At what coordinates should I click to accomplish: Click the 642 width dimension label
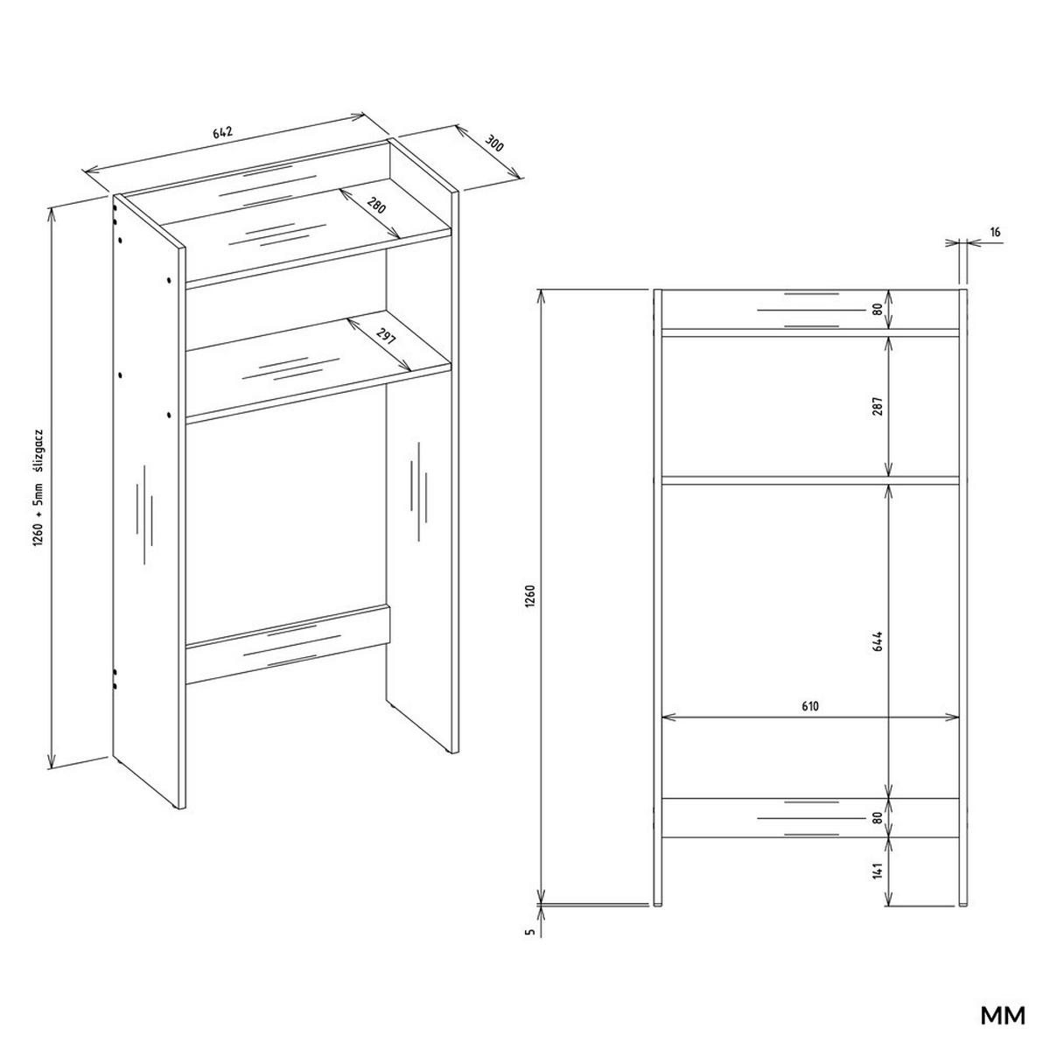click(x=222, y=133)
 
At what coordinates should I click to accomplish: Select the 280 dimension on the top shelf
click(x=377, y=207)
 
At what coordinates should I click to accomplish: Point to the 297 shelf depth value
click(x=385, y=336)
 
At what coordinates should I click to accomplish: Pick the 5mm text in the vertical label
click(x=38, y=496)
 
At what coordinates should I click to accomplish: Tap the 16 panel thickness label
click(x=996, y=233)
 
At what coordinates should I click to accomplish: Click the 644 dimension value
click(x=878, y=640)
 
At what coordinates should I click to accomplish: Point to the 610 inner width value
click(x=808, y=706)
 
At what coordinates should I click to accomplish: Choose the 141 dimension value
click(x=878, y=871)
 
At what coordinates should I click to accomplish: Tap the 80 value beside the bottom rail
click(x=878, y=817)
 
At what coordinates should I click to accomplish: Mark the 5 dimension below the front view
click(x=530, y=932)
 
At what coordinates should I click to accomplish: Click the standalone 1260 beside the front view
click(x=530, y=597)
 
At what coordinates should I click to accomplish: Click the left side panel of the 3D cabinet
click(x=149, y=507)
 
